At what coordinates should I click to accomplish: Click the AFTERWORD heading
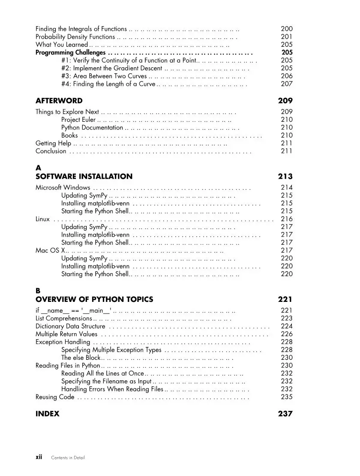click(59, 101)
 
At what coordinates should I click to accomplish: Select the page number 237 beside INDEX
click(285, 414)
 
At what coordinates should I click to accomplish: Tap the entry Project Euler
click(78, 120)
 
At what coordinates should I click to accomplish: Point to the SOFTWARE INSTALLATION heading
click(84, 176)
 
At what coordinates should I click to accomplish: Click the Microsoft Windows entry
click(63, 187)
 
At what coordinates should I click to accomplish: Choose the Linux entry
click(42, 219)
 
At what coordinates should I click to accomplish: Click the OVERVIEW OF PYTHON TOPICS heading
click(94, 299)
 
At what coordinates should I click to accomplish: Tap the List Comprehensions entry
click(63, 319)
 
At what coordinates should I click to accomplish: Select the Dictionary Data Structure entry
click(70, 326)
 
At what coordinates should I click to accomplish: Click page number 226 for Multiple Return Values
click(286, 334)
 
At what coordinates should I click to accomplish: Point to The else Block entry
click(81, 358)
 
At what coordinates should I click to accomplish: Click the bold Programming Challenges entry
click(70, 53)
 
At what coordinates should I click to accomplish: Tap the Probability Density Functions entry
click(75, 37)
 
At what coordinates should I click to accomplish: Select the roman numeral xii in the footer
click(39, 458)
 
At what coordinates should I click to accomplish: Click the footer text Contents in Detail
click(68, 458)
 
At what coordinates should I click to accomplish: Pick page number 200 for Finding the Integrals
click(286, 29)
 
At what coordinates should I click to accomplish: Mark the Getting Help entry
click(53, 143)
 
